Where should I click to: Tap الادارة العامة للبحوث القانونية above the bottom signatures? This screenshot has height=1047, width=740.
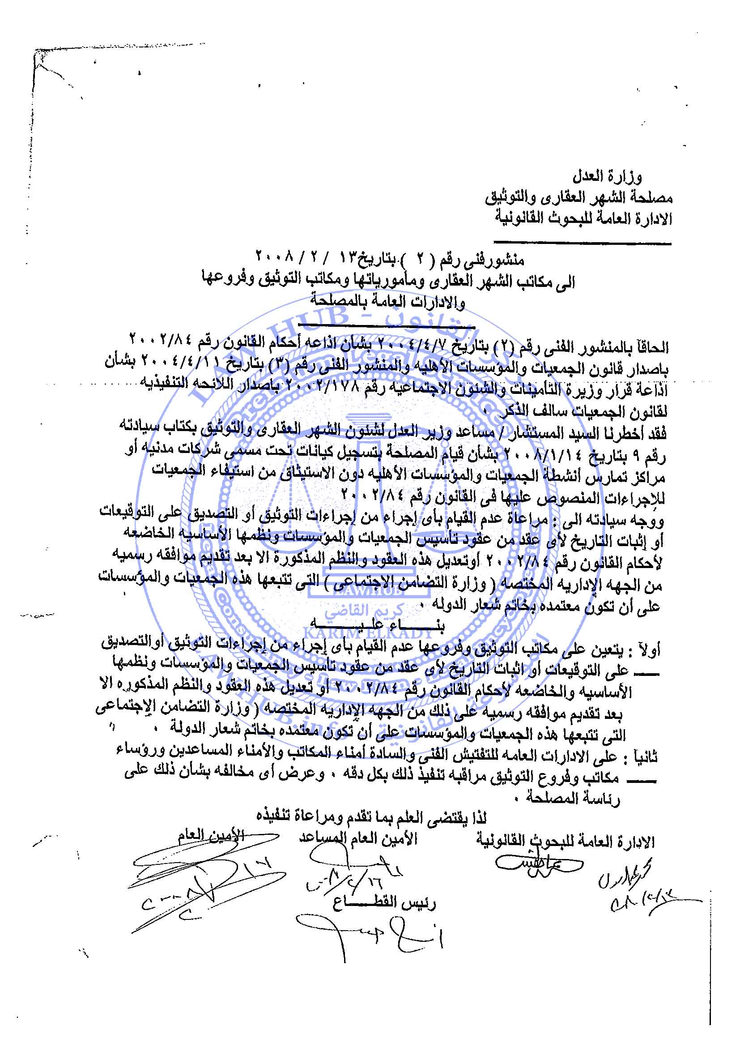pyautogui.click(x=565, y=841)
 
